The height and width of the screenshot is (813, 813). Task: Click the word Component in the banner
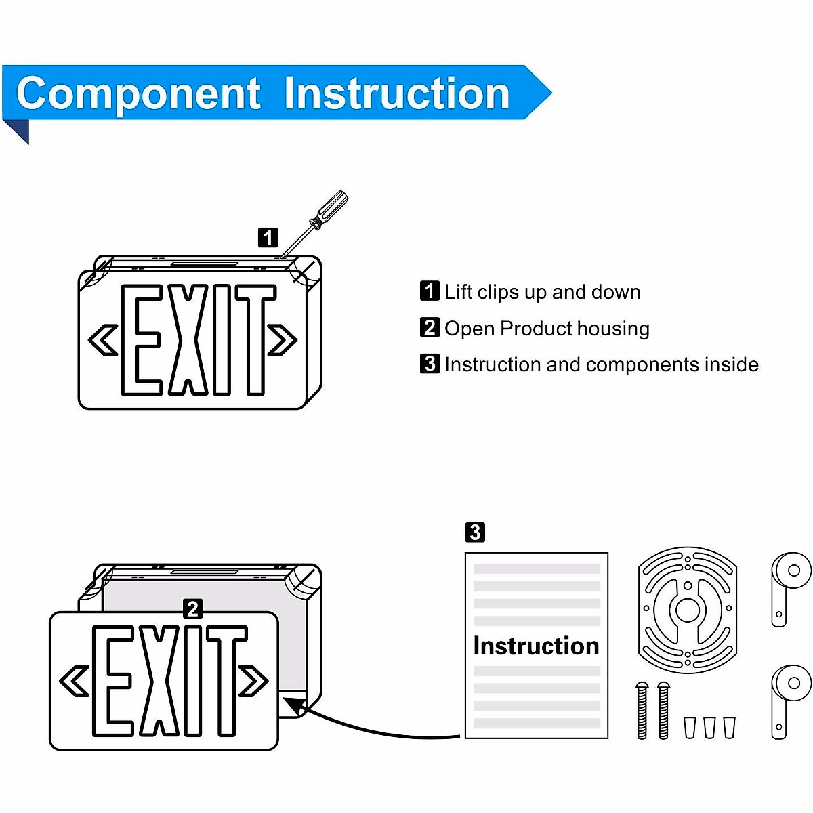(138, 93)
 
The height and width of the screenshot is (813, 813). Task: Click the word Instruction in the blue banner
(396, 93)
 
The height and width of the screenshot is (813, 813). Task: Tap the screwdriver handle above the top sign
(333, 206)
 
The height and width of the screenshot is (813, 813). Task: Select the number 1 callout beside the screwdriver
(268, 238)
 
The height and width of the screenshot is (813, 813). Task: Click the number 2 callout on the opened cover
(193, 608)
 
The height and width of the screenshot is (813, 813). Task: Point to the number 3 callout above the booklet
(475, 533)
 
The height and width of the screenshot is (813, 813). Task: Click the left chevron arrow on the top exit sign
(104, 340)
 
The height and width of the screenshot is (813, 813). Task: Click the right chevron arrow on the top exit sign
(283, 340)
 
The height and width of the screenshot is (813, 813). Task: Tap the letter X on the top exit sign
(188, 340)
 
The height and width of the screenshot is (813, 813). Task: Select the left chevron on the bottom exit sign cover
(75, 681)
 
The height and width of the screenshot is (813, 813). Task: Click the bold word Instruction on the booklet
(536, 646)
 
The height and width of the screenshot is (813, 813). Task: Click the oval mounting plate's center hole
(688, 610)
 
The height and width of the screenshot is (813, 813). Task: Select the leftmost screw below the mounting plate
(642, 710)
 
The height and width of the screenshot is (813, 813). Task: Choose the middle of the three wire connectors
(709, 727)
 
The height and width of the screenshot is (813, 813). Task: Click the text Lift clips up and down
(542, 292)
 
